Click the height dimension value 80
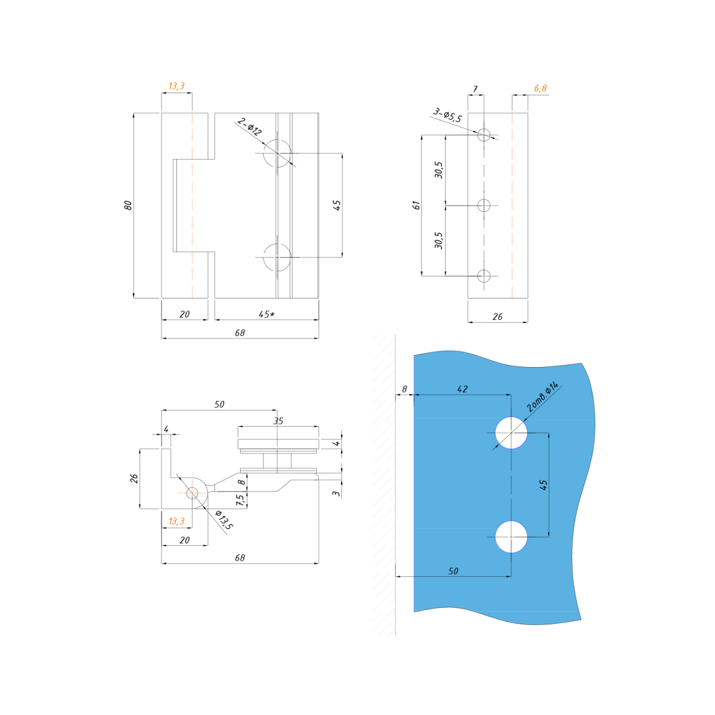click(128, 205)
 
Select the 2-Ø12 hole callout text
click(250, 126)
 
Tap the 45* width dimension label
click(267, 314)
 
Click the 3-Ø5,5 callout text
click(447, 116)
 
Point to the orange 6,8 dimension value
click(540, 88)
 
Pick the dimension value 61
click(416, 205)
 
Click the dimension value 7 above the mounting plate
click(475, 89)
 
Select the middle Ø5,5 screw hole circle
click(484, 206)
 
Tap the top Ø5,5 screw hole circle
click(484, 135)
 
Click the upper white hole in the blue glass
click(511, 433)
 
